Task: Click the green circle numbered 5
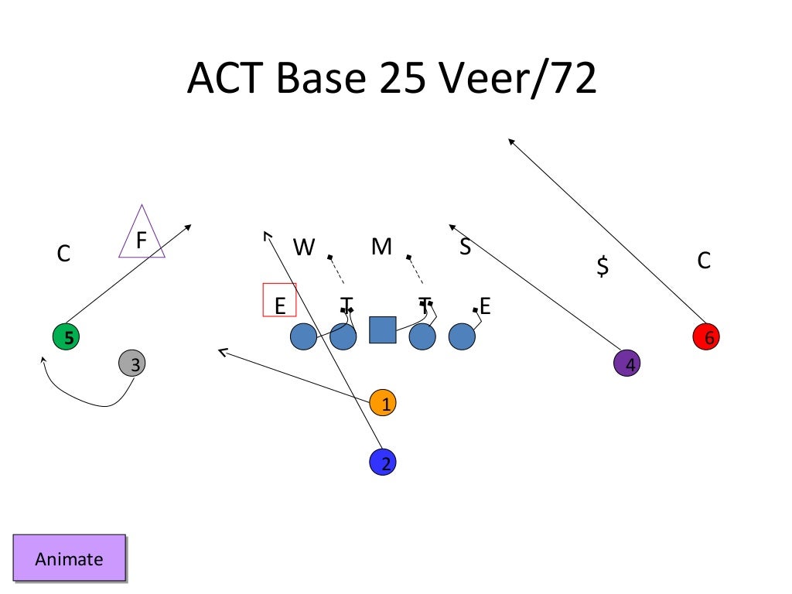coord(66,337)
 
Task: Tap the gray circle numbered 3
coord(133,363)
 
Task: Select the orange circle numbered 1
coord(384,402)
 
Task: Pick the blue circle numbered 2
coord(383,462)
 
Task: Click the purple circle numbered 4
coord(627,363)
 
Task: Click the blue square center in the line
coord(382,329)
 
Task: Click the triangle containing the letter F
coord(142,236)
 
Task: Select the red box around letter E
coord(280,300)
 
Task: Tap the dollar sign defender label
coord(603,267)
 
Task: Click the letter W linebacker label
coord(304,247)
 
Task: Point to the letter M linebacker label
coord(381,247)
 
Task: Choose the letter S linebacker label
coord(465,247)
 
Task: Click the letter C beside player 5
coord(64,253)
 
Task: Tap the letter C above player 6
coord(703,261)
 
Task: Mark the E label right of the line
coord(485,306)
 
